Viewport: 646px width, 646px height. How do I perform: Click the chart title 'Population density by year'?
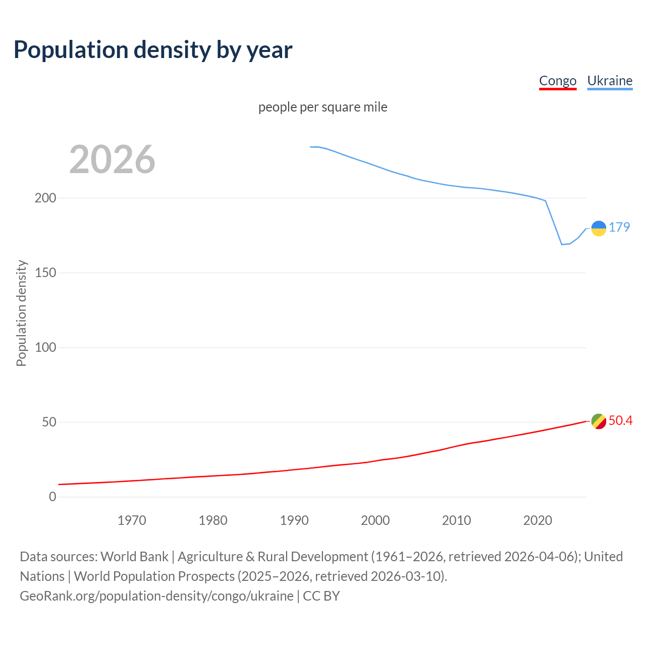tap(153, 50)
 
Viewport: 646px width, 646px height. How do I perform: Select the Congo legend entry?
tap(558, 81)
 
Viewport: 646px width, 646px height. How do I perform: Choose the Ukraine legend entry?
tap(610, 81)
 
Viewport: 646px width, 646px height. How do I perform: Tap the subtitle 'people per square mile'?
tap(322, 107)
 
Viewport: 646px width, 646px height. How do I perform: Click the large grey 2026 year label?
tap(112, 159)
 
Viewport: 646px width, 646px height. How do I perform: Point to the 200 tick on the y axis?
tap(45, 198)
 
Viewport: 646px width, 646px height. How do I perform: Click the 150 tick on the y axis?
tap(45, 273)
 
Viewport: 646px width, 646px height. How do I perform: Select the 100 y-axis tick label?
tap(45, 347)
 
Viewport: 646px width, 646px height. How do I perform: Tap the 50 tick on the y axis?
tap(48, 422)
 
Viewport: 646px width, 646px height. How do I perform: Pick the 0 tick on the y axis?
tap(52, 497)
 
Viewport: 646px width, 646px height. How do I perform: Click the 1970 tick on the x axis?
tap(132, 520)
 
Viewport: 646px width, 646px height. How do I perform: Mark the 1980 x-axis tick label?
tap(213, 520)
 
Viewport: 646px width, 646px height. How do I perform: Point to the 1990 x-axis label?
tap(294, 520)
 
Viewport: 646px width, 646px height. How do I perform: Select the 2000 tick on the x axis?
tap(375, 520)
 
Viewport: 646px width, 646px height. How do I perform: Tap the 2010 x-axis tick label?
tap(456, 520)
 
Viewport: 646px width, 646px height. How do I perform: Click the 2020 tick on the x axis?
tap(537, 520)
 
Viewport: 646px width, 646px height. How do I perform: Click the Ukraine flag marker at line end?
tap(599, 229)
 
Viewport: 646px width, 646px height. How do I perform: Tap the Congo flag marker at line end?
tap(599, 421)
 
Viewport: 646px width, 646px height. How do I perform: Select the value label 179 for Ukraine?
tap(619, 227)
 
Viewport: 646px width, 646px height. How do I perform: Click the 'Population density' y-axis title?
tap(21, 313)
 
